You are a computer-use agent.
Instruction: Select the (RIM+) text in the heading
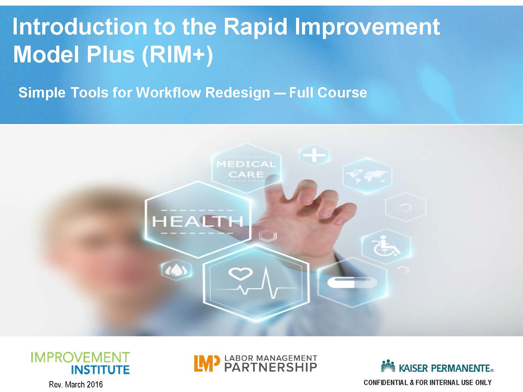[177, 55]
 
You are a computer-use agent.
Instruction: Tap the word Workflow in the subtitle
[168, 92]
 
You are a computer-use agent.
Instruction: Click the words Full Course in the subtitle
[328, 92]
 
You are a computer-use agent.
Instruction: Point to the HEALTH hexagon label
[197, 221]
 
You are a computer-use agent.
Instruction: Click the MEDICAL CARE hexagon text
[246, 169]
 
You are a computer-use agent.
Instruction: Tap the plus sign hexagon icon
[314, 155]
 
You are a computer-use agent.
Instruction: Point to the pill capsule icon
[352, 282]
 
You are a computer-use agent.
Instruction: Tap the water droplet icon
[176, 270]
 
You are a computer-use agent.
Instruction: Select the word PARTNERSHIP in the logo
[271, 367]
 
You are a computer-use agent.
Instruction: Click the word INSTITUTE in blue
[100, 370]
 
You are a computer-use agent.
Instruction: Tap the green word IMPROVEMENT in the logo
[80, 358]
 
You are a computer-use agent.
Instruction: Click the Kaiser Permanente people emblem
[388, 366]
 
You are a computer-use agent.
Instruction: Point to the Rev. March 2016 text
[76, 384]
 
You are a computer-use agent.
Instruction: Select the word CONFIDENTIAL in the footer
[386, 383]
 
